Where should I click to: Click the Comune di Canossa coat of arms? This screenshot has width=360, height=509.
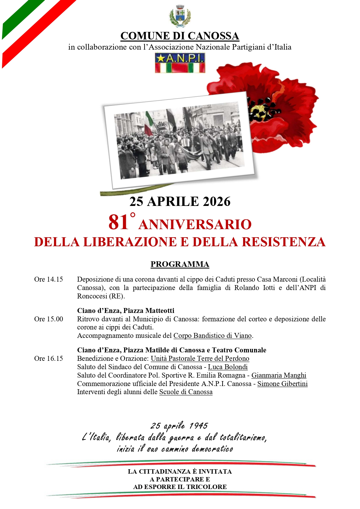pos(180,16)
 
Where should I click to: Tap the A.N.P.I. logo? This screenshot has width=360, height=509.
pos(180,63)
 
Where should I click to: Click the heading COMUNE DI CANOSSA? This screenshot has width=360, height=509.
pos(180,36)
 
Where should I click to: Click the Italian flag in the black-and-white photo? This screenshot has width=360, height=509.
pos(149,123)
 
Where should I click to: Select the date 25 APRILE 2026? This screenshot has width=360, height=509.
pos(180,202)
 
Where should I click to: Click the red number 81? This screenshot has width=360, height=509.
pos(118,222)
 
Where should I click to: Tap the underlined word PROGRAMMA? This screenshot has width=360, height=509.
pos(180,264)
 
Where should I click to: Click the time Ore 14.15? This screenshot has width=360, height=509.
pos(48,279)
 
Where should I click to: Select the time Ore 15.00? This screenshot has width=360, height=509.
pos(48,319)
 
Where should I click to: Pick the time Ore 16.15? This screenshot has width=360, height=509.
pos(48,358)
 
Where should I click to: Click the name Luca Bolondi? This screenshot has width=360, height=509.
pos(228,367)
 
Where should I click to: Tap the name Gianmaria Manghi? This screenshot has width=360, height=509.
pos(279,375)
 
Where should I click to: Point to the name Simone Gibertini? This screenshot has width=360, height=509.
pos(282,384)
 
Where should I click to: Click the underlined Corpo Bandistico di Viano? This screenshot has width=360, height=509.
pos(212,336)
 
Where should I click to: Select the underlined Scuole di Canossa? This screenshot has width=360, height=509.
pos(186,392)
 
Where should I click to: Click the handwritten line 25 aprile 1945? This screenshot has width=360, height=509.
pos(179,426)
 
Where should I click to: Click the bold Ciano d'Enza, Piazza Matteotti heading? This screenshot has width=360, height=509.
pos(126,311)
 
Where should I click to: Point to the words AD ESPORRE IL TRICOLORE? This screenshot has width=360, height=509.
pos(180,487)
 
